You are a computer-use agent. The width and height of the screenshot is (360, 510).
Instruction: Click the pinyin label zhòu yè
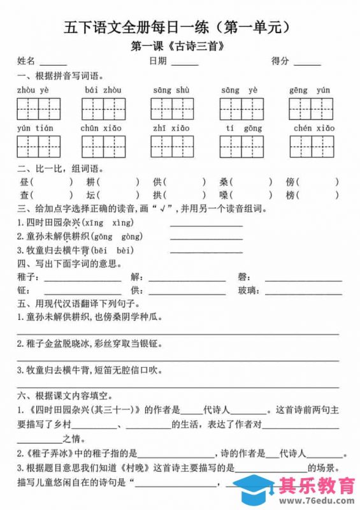(x=34, y=91)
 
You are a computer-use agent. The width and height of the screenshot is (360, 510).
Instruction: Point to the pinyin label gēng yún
(x=310, y=91)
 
